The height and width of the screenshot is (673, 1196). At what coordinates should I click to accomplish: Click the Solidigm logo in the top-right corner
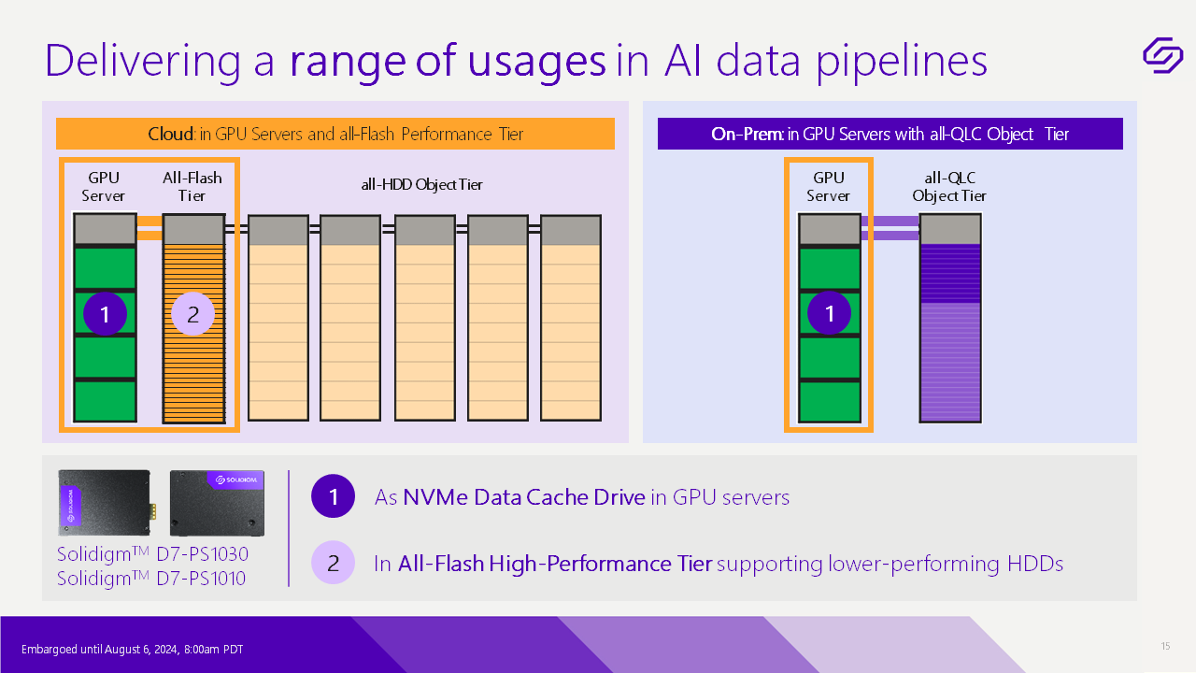click(1163, 55)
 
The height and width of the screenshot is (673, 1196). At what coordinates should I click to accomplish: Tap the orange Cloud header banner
click(335, 134)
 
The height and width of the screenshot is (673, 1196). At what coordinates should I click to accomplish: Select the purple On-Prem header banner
click(890, 134)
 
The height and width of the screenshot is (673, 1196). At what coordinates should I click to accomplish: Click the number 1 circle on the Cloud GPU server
click(106, 313)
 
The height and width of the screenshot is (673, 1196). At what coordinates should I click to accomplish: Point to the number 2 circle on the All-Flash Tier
click(192, 313)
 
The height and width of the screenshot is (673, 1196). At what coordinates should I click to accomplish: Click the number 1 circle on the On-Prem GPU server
click(829, 313)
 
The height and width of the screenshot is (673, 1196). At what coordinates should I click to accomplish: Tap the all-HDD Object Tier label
click(421, 185)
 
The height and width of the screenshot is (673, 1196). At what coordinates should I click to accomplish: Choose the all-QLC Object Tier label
click(949, 187)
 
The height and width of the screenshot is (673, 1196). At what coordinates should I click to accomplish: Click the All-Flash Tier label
click(192, 187)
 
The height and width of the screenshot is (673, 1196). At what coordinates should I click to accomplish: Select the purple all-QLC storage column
click(950, 319)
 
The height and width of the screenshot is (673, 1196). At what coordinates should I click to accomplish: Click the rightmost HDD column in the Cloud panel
click(571, 319)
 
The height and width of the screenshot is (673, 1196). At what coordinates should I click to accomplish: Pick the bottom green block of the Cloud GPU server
click(106, 401)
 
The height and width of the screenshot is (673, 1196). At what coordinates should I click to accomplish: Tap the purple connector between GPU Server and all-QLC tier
click(890, 228)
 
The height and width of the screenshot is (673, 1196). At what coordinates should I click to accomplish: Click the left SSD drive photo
click(105, 503)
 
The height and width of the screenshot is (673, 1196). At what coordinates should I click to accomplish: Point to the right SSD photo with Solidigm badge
click(217, 503)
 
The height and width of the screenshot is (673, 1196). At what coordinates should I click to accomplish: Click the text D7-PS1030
click(203, 554)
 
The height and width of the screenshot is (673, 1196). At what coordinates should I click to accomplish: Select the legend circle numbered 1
click(334, 496)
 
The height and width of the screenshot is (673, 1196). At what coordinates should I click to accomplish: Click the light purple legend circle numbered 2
click(334, 563)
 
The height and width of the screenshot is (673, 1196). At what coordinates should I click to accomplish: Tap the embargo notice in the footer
click(133, 650)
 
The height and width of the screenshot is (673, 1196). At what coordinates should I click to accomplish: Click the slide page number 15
click(1165, 646)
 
